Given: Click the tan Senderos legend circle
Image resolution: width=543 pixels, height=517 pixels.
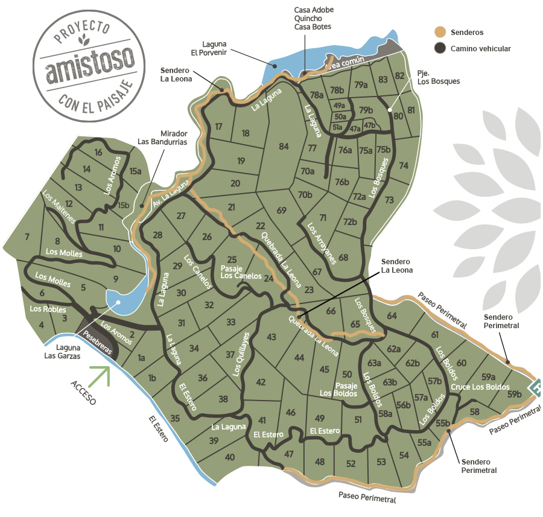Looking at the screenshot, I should click(x=440, y=32).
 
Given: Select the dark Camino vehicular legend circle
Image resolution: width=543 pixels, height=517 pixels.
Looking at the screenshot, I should click(x=440, y=48).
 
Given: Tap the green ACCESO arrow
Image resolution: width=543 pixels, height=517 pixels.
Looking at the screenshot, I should click(x=100, y=375).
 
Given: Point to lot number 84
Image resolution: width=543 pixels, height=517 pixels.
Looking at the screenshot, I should click(x=284, y=147).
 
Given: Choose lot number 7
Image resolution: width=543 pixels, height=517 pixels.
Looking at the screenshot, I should click(x=27, y=237).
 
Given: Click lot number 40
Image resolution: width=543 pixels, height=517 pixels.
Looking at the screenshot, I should click(x=229, y=457).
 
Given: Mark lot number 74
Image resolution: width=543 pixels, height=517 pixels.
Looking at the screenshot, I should click(x=404, y=165).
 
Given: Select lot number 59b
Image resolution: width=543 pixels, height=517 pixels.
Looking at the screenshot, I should click(x=514, y=395).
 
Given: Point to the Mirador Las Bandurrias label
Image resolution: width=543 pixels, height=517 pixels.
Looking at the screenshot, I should click(x=162, y=137).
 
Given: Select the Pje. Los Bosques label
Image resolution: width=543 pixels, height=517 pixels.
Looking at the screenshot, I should click(x=438, y=77).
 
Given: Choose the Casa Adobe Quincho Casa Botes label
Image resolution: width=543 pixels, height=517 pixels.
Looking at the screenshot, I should click(x=314, y=18).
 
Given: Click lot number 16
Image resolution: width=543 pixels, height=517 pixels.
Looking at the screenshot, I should click(x=98, y=152).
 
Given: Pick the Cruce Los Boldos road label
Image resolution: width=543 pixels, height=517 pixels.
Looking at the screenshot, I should click(x=480, y=387).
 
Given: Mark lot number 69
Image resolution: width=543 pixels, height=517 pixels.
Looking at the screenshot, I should click(x=281, y=211).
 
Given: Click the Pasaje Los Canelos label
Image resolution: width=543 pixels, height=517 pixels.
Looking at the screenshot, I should click(x=241, y=271).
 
